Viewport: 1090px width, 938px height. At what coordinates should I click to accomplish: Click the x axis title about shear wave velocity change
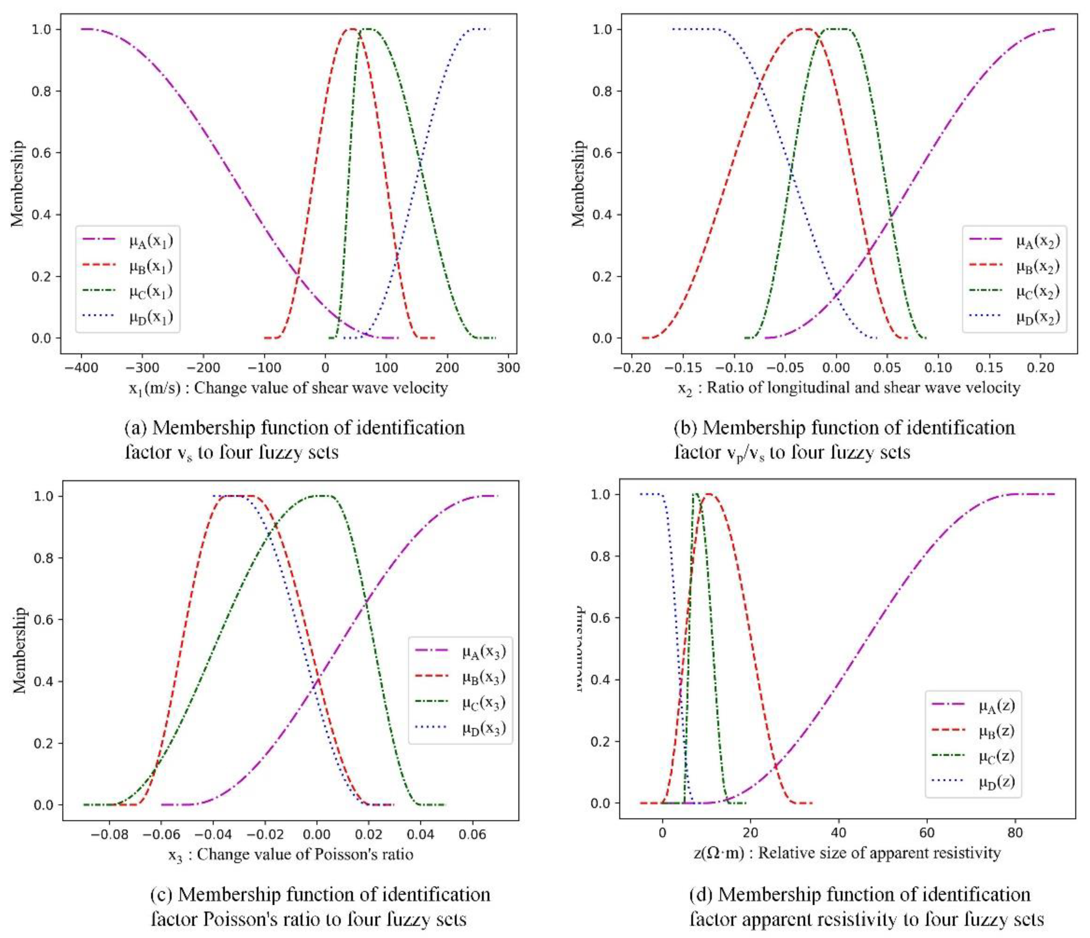click(288, 389)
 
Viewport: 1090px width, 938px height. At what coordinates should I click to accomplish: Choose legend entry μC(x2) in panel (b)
click(1037, 292)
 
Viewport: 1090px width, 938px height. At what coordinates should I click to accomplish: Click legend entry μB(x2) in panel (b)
click(1037, 266)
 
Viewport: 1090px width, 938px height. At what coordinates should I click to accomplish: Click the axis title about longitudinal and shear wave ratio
click(849, 389)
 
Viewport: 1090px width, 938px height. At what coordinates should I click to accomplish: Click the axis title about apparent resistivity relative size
click(847, 853)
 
